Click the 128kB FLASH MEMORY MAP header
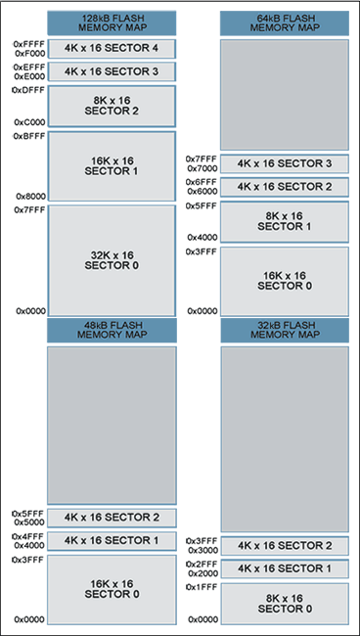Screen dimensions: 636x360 [x=112, y=23]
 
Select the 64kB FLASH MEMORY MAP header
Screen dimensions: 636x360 [x=284, y=23]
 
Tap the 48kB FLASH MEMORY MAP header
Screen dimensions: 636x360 [x=112, y=330]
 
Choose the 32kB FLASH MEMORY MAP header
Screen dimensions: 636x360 [x=284, y=330]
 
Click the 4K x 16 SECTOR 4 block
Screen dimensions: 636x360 [x=112, y=48]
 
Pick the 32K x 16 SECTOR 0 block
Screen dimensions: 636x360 [x=112, y=260]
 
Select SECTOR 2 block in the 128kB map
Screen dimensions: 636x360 [x=112, y=105]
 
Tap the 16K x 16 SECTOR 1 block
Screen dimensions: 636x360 [x=112, y=165]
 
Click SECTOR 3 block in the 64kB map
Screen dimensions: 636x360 [x=284, y=163]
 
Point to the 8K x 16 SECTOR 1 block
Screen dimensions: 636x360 [x=284, y=221]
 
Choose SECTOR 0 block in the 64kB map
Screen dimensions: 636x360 [x=284, y=281]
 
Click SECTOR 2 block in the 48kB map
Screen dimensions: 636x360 [x=112, y=517]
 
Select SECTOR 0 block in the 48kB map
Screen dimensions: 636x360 [x=112, y=589]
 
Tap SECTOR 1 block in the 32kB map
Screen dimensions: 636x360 [x=284, y=568]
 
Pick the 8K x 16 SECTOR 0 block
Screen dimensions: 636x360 [x=284, y=603]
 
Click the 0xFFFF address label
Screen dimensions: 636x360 [x=28, y=45]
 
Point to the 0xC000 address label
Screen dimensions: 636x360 [x=29, y=122]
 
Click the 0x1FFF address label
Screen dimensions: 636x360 [x=202, y=587]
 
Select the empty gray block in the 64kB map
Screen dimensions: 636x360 [x=284, y=94]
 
